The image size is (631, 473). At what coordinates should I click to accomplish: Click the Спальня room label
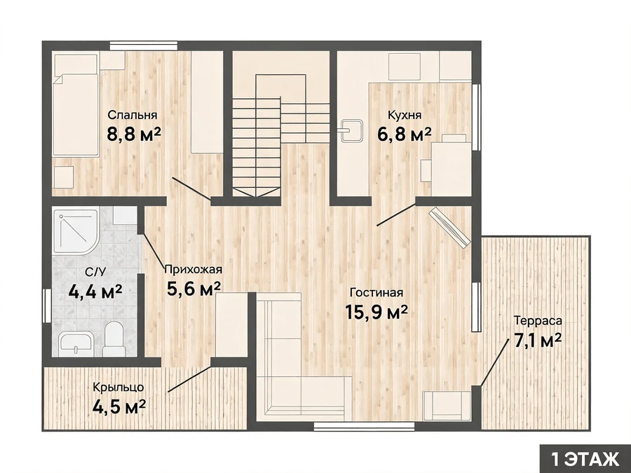[x=133, y=115]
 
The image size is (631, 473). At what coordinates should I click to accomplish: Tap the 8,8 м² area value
[x=134, y=134]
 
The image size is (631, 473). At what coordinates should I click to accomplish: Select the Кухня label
[x=405, y=115]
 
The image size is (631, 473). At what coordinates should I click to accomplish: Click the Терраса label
[x=538, y=321]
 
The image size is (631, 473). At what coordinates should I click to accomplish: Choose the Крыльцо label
[x=118, y=388]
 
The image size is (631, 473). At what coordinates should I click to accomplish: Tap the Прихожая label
[x=194, y=269]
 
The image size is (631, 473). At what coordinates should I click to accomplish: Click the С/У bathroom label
[x=95, y=273]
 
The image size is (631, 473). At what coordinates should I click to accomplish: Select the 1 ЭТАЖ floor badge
[x=585, y=459]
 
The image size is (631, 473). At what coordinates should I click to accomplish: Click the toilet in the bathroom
[x=113, y=339]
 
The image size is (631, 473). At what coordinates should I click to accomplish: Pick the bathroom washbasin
[x=76, y=344]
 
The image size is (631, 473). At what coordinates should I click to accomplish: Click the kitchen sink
[x=351, y=131]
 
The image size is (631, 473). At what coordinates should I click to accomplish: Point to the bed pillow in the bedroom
[x=76, y=64]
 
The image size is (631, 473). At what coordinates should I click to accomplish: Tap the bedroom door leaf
[x=192, y=188]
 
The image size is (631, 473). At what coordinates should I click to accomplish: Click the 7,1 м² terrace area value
[x=538, y=341]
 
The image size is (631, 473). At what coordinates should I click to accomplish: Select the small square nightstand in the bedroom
[x=64, y=177]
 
